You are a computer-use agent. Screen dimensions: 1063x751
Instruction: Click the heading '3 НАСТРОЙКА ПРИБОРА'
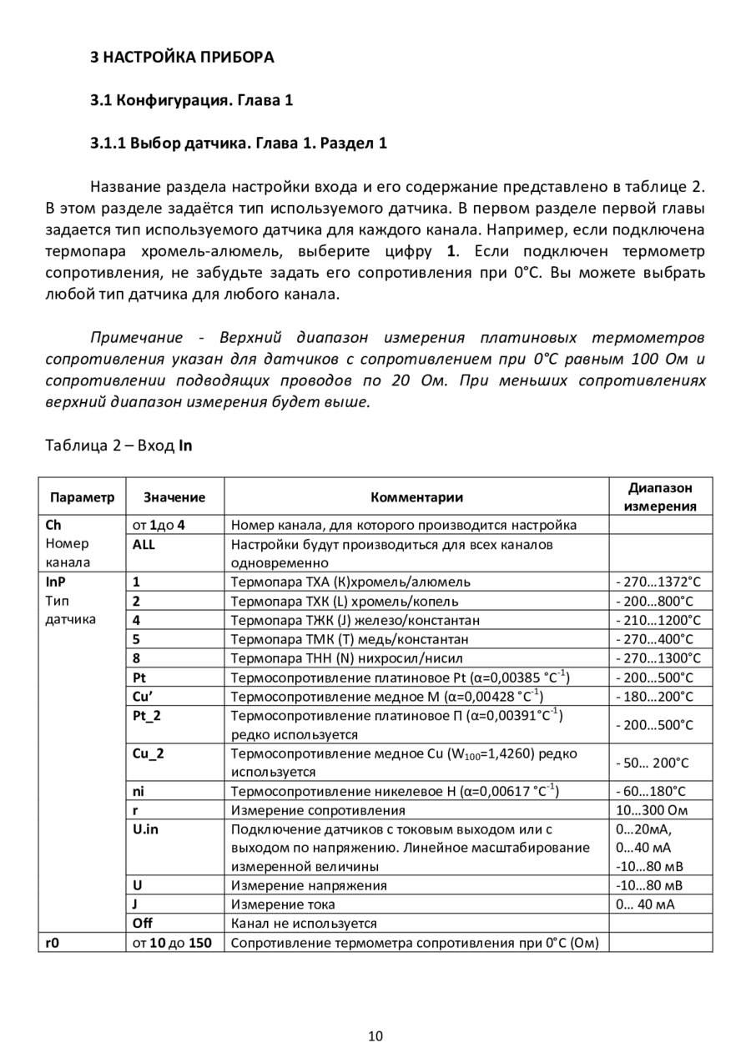182,58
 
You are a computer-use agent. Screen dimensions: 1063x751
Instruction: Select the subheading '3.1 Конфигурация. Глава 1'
192,101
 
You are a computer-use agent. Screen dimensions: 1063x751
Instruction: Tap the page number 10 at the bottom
375,1036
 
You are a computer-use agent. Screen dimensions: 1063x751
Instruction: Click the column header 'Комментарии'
416,497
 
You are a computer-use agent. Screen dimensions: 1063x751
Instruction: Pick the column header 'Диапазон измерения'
660,497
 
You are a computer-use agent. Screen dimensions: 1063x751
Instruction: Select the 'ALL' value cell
144,544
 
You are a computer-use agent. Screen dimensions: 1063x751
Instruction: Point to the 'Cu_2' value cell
149,753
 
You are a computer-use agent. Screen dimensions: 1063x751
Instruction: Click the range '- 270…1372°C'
659,582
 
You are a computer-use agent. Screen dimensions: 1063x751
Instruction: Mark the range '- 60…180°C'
653,791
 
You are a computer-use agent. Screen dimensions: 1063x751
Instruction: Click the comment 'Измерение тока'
283,904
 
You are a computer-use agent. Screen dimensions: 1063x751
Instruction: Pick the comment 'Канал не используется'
304,923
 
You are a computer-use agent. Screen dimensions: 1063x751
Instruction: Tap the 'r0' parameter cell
53,943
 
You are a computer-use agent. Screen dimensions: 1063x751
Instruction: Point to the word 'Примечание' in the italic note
136,338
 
